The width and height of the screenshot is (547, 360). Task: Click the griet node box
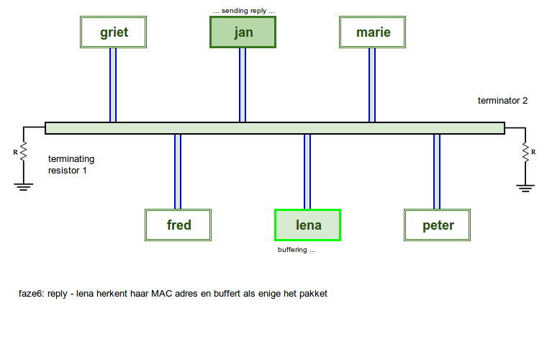[114, 32]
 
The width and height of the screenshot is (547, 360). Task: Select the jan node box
[243, 32]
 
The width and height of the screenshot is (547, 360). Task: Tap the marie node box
[373, 32]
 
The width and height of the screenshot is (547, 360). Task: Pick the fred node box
[178, 225]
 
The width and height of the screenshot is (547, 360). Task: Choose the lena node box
[308, 225]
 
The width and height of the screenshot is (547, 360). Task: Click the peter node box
[438, 225]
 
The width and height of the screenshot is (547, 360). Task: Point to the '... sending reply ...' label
[244, 12]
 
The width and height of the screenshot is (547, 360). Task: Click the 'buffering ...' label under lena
[297, 250]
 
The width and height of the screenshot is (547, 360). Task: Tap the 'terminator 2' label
[502, 101]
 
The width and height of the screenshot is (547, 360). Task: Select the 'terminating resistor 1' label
[71, 165]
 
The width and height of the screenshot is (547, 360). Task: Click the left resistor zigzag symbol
[23, 152]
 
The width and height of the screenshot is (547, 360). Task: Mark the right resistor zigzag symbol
[525, 152]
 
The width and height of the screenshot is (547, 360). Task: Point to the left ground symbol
[23, 186]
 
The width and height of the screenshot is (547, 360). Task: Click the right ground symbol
[525, 187]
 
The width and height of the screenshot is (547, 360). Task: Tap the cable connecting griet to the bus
[113, 85]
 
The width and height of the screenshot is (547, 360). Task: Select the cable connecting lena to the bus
[307, 171]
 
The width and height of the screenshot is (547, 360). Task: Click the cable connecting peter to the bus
[437, 171]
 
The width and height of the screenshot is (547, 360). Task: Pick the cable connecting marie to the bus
[372, 85]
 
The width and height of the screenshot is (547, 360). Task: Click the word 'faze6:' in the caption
[32, 294]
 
